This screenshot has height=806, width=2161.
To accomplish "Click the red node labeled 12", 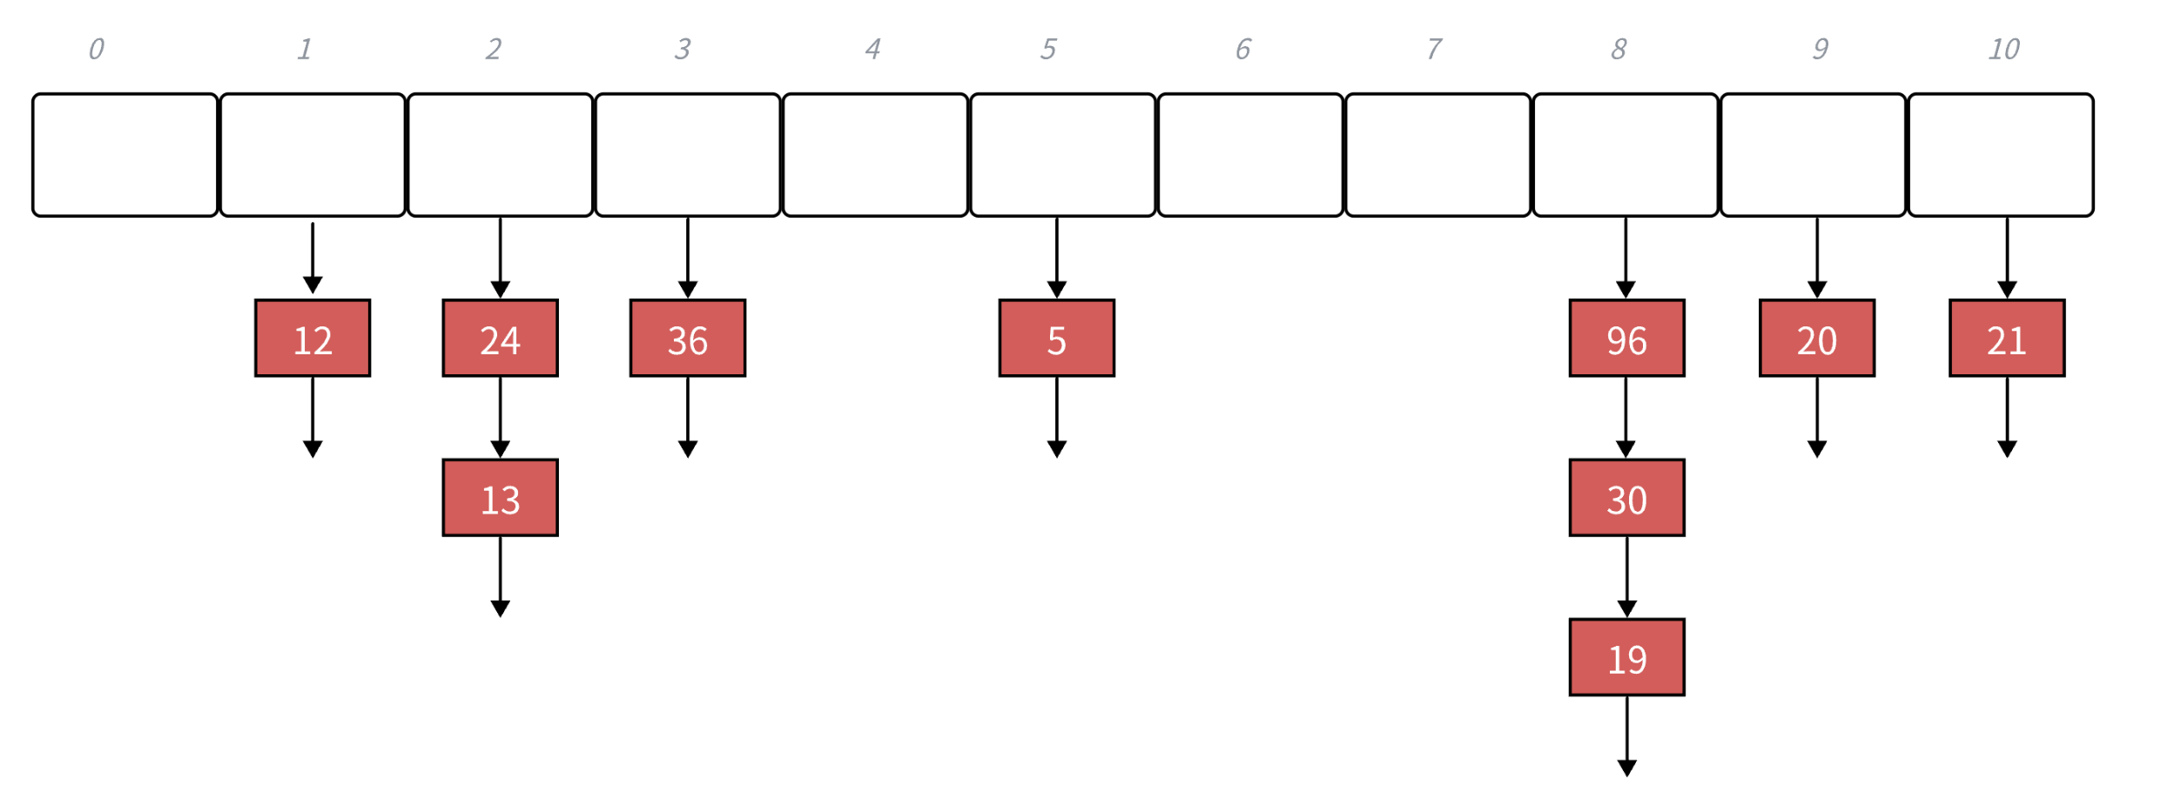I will pyautogui.click(x=313, y=339).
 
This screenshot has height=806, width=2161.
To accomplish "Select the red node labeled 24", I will pyautogui.click(x=500, y=339).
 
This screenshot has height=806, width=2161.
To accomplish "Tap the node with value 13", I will pyautogui.click(x=500, y=498).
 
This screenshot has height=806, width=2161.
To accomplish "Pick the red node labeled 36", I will pyautogui.click(x=688, y=339).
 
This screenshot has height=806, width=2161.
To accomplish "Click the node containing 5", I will pyautogui.click(x=1056, y=339).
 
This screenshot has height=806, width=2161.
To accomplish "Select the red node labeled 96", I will pyautogui.click(x=1626, y=339).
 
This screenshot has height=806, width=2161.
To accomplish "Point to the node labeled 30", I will pyautogui.click(x=1626, y=498).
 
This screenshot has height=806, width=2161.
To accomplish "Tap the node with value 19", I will pyautogui.click(x=1626, y=657).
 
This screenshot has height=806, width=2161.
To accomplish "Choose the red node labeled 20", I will pyautogui.click(x=1816, y=339).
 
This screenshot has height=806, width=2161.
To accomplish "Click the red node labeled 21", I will pyautogui.click(x=2006, y=339).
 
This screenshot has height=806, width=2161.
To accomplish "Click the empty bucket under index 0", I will pyautogui.click(x=125, y=155).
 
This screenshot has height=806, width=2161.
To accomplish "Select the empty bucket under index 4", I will pyautogui.click(x=875, y=155).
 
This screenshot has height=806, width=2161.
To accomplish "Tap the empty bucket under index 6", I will pyautogui.click(x=1250, y=155).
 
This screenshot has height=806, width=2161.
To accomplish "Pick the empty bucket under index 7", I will pyautogui.click(x=1437, y=155).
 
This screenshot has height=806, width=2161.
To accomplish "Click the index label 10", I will pyautogui.click(x=2003, y=50).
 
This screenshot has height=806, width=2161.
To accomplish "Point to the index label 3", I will pyautogui.click(x=683, y=50).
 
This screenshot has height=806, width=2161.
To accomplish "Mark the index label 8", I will pyautogui.click(x=1619, y=50).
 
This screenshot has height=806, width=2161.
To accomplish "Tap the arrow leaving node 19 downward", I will pyautogui.click(x=1626, y=735).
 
